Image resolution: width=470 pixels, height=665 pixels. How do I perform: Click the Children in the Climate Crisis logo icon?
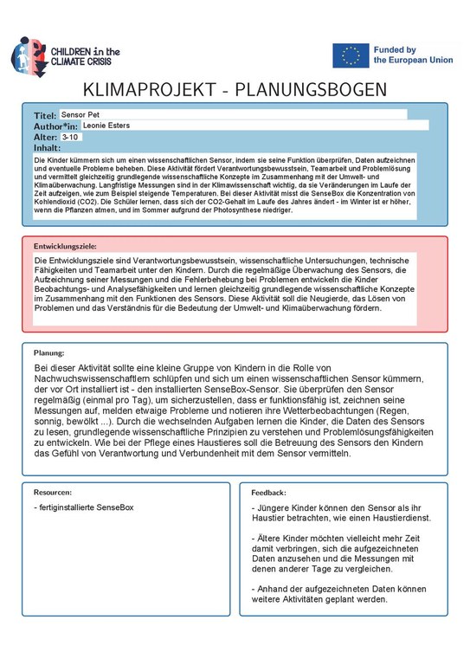tap(27, 55)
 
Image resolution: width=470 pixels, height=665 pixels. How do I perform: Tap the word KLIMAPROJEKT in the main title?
tap(151, 91)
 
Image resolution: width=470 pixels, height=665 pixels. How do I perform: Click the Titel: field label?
tap(44, 115)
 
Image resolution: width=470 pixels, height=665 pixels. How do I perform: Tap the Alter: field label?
tap(45, 137)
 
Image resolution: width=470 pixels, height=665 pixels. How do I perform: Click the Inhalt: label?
tap(47, 148)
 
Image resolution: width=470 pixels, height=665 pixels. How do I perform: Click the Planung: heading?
tap(49, 353)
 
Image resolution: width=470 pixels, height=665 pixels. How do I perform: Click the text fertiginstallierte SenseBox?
tap(83, 507)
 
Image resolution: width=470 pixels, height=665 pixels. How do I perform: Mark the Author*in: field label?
tap(56, 126)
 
